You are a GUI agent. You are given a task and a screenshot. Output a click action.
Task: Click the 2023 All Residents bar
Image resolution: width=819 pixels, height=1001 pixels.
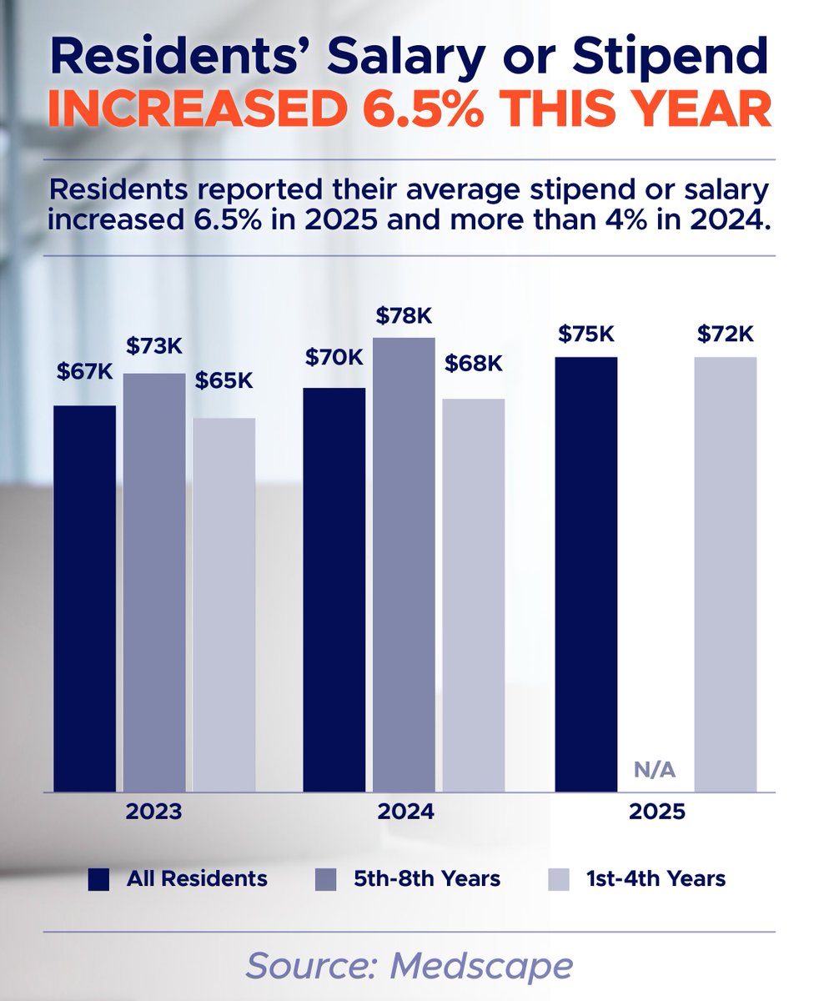pyautogui.click(x=84, y=598)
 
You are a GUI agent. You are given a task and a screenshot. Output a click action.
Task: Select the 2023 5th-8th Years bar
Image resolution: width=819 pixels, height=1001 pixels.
pyautogui.click(x=154, y=582)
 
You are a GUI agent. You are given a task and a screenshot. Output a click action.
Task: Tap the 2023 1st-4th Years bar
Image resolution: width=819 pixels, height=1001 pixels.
pyautogui.click(x=224, y=605)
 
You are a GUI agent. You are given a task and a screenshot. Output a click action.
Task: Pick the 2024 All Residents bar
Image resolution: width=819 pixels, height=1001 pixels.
pyautogui.click(x=334, y=589)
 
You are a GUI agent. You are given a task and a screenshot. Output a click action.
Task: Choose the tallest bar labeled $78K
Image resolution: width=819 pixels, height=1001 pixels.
pyautogui.click(x=404, y=565)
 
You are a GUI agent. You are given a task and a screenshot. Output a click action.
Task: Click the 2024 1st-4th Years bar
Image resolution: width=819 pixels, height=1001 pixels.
pyautogui.click(x=473, y=595)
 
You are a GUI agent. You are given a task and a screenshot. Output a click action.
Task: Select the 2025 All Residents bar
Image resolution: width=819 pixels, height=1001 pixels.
pyautogui.click(x=586, y=574)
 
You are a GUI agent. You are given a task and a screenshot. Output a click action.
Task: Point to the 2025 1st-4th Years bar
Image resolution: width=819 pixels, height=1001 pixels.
pyautogui.click(x=725, y=574)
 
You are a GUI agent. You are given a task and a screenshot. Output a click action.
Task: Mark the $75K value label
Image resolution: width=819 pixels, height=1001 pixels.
pyautogui.click(x=586, y=334)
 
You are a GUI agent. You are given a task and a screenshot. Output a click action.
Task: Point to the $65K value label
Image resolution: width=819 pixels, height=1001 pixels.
pyautogui.click(x=224, y=380)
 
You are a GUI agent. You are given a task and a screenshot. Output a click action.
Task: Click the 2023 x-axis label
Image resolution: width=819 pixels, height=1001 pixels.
pyautogui.click(x=154, y=812)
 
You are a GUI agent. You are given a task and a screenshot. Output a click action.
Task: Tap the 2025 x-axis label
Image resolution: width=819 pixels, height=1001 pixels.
pyautogui.click(x=656, y=812)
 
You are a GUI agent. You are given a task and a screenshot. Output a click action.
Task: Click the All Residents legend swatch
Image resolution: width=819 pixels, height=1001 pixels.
pyautogui.click(x=100, y=879)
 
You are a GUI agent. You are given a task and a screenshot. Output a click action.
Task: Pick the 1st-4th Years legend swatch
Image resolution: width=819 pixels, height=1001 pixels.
pyautogui.click(x=558, y=879)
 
